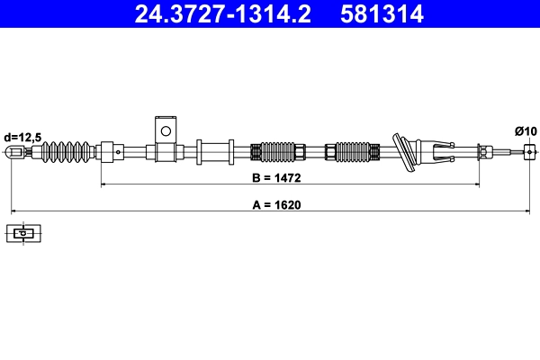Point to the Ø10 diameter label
pyautogui.click(x=526, y=131)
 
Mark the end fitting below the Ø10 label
pyautogui.click(x=529, y=152)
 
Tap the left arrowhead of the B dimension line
pyautogui.click(x=103, y=184)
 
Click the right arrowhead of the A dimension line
pyautogui.click(x=527, y=211)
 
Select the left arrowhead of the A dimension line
pyautogui.click(x=13, y=211)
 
